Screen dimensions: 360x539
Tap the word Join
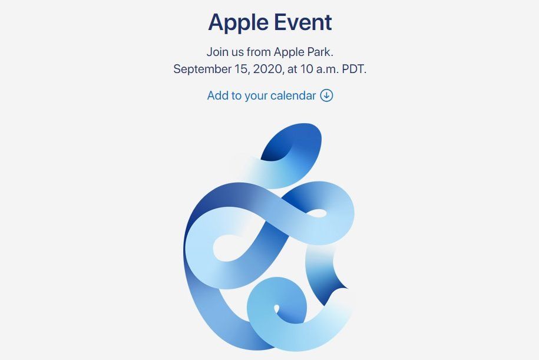217,51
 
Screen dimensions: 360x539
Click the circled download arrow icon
327,95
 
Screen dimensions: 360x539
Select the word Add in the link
217,95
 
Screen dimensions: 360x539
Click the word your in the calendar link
256,95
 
